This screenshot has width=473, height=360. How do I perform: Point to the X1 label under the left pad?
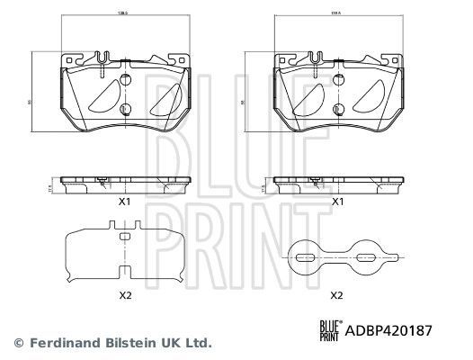click(126, 202)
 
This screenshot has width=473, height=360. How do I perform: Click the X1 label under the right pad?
click(338, 202)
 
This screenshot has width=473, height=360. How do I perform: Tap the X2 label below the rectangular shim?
click(126, 294)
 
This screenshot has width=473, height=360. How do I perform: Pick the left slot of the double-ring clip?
click(305, 257)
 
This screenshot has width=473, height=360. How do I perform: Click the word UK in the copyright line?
click(163, 343)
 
